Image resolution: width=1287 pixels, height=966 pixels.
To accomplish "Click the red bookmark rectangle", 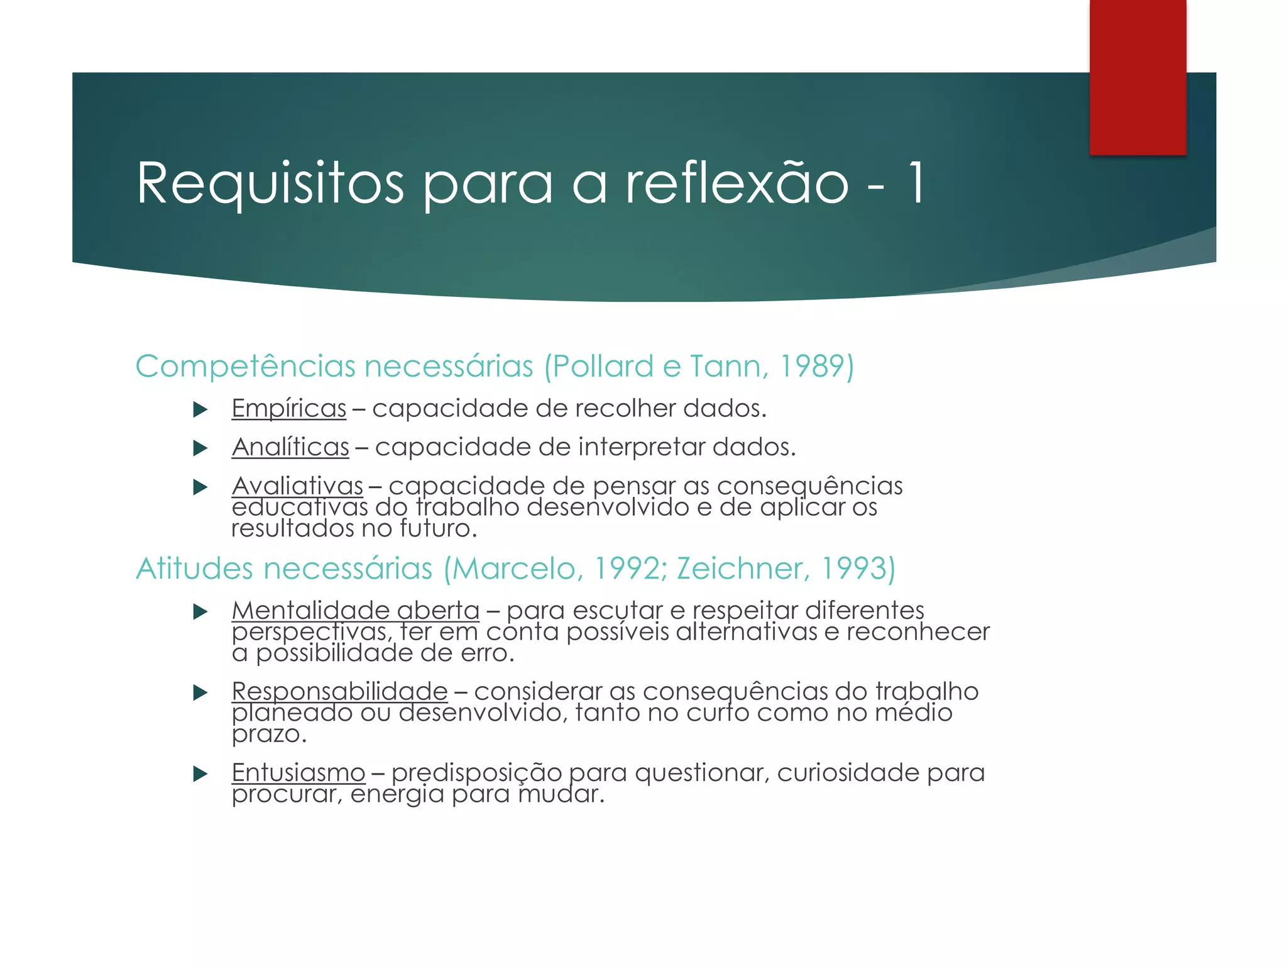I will click(1137, 77).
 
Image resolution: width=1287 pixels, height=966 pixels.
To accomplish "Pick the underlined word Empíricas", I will click(288, 409).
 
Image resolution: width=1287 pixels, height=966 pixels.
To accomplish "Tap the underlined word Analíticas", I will click(290, 447).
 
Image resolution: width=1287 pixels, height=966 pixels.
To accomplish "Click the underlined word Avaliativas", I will click(297, 486).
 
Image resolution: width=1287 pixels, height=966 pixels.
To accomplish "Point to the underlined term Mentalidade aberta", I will click(355, 611).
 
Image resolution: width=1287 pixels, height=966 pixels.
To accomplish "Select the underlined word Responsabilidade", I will click(339, 692).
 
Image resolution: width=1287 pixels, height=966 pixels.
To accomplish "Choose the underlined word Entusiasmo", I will click(298, 773).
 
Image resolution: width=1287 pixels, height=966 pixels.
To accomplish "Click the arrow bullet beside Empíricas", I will click(200, 410).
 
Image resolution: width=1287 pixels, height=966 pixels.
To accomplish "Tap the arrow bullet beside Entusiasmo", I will click(200, 774).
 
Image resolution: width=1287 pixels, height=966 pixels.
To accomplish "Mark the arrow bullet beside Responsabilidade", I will click(200, 693).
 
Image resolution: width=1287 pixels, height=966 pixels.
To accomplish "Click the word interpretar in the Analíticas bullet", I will click(641, 447).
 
